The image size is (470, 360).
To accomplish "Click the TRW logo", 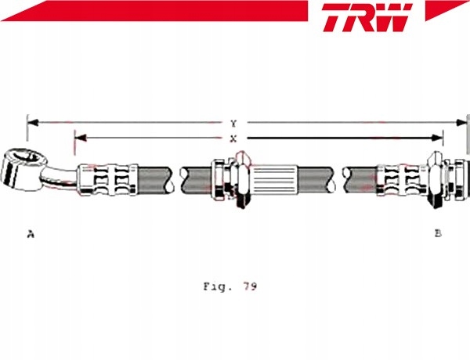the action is click(367, 17).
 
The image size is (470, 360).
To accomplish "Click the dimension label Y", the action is click(233, 124).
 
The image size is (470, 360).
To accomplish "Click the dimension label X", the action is click(233, 139).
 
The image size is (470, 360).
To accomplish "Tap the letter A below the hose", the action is click(31, 234).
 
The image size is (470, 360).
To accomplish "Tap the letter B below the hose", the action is click(438, 232).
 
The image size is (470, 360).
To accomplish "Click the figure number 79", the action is click(250, 286).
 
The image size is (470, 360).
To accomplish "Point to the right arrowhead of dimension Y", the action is click(461, 123).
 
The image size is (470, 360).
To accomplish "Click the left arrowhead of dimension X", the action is click(81, 138).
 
